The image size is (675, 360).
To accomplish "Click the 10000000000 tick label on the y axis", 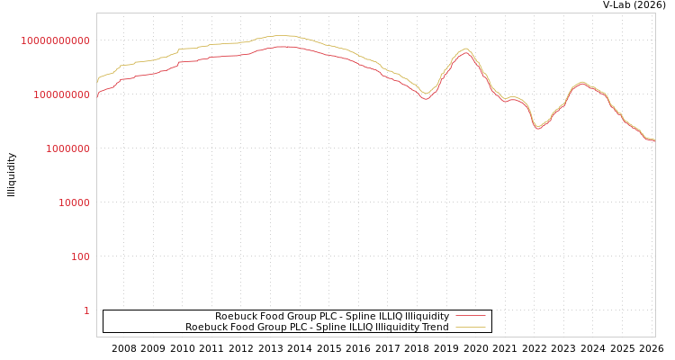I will (55, 40).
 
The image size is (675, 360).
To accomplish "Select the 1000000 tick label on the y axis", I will (67, 148).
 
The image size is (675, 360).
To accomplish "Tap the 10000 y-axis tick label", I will (74, 202).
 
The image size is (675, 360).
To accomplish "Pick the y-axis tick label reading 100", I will (80, 256).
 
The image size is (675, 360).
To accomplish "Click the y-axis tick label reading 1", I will (86, 310).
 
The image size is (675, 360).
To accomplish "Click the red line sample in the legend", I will (470, 317).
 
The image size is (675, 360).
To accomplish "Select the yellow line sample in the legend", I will (470, 328).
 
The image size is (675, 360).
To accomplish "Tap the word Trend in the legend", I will (434, 328).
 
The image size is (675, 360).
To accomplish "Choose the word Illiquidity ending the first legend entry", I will (427, 317).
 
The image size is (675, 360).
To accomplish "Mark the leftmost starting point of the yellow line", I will (97, 82).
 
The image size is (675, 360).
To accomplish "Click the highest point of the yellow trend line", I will (283, 36).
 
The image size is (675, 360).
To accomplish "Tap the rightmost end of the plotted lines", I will (654, 140).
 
